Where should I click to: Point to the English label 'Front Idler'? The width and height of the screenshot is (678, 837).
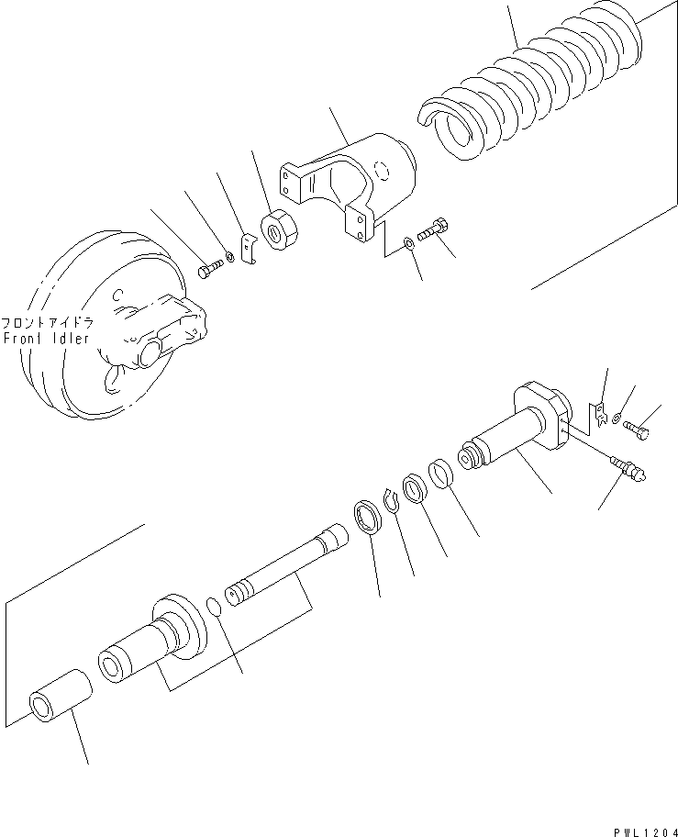coord(46,338)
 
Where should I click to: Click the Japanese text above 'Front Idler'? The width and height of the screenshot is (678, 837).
coord(46,323)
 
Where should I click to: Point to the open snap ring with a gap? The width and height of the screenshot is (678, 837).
coord(392,500)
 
